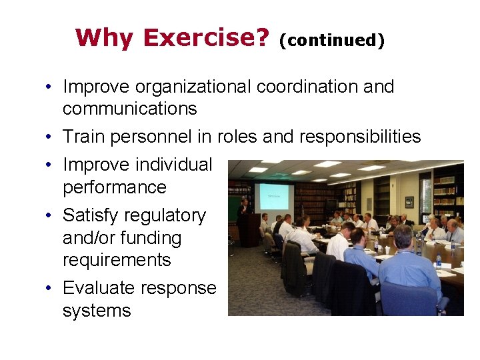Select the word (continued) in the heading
331,40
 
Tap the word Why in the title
104,38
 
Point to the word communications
129,109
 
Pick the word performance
114,187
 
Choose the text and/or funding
121,238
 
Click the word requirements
117,260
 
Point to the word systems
97,311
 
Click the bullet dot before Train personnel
50,137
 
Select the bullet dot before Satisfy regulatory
50,216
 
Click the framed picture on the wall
409,202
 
